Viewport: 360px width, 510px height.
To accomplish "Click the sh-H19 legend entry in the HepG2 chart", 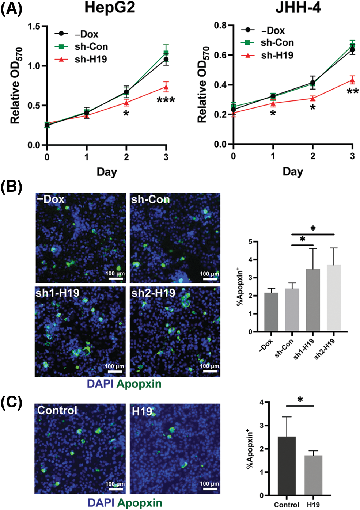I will pyautogui.click(x=91, y=59).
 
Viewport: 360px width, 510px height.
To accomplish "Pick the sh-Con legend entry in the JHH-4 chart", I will pyautogui.click(x=277, y=43).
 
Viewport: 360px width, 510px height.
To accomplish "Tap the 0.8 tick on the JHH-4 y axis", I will pyautogui.click(x=221, y=26).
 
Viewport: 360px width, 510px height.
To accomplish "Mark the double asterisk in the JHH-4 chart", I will pyautogui.click(x=352, y=91).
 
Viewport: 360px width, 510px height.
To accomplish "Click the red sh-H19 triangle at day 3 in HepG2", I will pyautogui.click(x=166, y=87).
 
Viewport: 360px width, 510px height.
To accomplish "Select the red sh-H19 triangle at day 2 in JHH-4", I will pyautogui.click(x=313, y=99).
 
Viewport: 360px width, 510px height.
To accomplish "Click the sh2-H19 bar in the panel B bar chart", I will pyautogui.click(x=333, y=298).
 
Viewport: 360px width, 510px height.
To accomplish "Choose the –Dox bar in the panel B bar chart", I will pyautogui.click(x=271, y=312).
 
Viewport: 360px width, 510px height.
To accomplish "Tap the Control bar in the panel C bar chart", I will pyautogui.click(x=287, y=466).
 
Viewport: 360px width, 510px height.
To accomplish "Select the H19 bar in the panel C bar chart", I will pyautogui.click(x=313, y=475).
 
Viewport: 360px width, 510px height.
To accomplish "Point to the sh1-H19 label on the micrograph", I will pyautogui.click(x=57, y=293).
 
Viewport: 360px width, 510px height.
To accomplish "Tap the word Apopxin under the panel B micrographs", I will pyautogui.click(x=139, y=384).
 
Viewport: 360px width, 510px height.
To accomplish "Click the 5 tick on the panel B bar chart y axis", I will pyautogui.click(x=250, y=242).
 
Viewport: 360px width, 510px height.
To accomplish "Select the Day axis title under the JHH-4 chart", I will pyautogui.click(x=293, y=171).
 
